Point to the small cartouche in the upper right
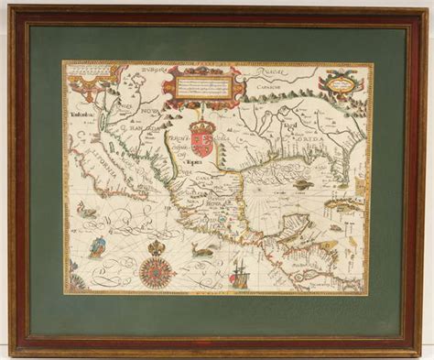[x=341, y=84]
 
